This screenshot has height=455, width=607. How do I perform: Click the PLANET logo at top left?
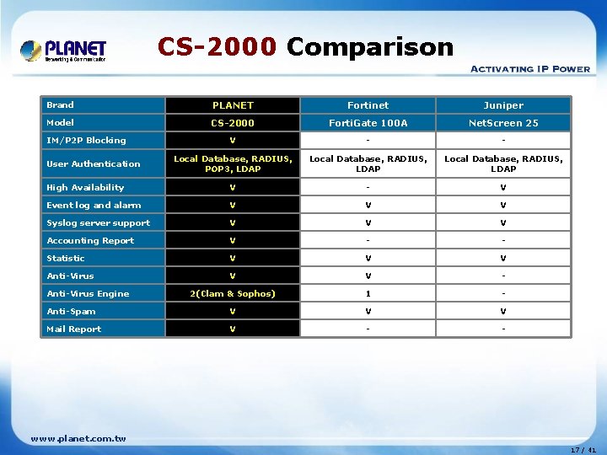point(63,50)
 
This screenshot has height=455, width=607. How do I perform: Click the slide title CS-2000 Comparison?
point(305,46)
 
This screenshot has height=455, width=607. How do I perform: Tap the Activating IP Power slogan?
point(529,68)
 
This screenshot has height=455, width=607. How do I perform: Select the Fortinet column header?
point(368,105)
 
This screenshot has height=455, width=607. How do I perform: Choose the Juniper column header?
point(503,105)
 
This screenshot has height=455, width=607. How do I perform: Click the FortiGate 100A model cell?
point(368,123)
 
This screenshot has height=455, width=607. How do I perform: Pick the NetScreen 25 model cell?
point(503,123)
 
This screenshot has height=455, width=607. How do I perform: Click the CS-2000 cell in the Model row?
point(233,123)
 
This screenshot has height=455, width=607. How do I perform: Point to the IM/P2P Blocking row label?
point(86,141)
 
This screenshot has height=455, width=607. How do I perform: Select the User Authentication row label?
point(94,163)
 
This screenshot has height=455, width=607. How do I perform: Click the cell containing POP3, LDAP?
point(233,163)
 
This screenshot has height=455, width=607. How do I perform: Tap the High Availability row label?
point(85,188)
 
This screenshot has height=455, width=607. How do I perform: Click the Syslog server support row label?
point(98,223)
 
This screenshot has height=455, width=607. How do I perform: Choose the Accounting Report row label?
point(90,241)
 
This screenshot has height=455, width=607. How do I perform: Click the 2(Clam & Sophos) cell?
point(233,294)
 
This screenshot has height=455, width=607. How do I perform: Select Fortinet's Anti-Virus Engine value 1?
point(368,294)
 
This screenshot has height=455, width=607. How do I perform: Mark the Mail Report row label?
point(74,329)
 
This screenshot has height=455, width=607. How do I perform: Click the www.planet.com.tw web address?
point(78,438)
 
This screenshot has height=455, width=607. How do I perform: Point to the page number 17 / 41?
point(583,450)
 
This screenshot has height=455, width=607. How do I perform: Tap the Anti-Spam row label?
point(71,312)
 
